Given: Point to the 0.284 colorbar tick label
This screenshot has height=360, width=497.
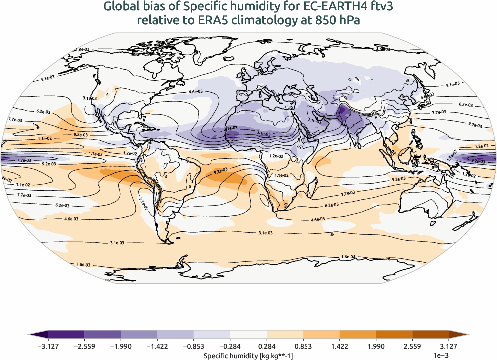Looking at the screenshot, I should tap(267, 346).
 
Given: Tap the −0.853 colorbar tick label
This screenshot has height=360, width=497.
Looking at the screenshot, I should tap(194, 346).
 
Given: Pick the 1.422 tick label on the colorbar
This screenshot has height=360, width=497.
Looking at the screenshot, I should tap(340, 346).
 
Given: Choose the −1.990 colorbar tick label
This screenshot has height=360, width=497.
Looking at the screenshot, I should tap(121, 346).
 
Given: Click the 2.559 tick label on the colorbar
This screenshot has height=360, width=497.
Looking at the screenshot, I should tap(413, 346).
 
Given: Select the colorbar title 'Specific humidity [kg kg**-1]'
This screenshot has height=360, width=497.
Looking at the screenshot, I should tap(248, 355).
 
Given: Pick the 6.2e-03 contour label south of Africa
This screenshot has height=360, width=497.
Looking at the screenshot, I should tap(332, 205).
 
